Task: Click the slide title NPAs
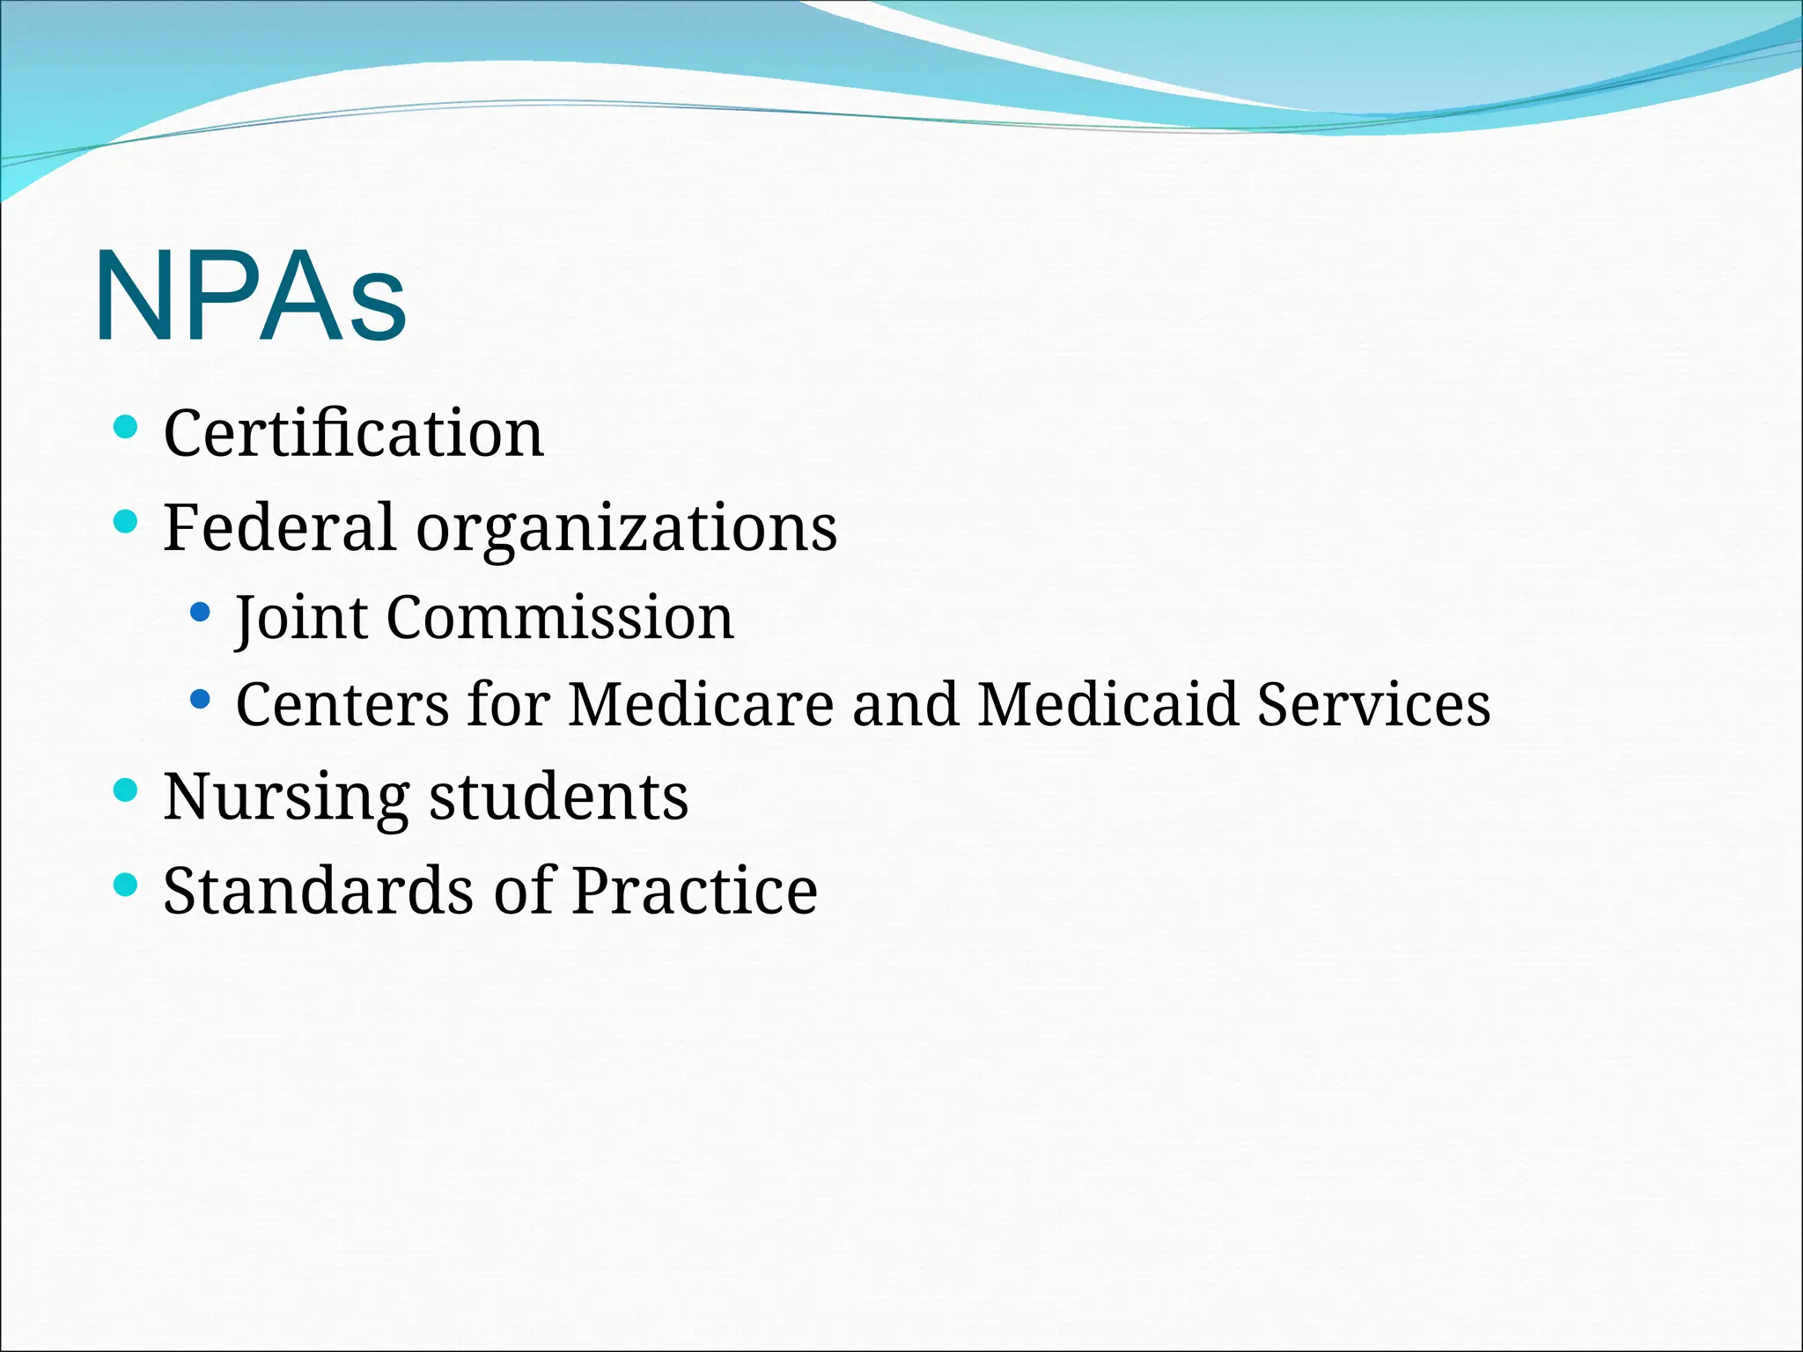tap(251, 298)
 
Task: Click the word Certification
tap(354, 433)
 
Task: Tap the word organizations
tap(626, 528)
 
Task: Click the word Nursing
tap(286, 797)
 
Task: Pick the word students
tap(558, 797)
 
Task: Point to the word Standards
tap(318, 890)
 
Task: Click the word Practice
tap(695, 890)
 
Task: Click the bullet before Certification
tap(127, 428)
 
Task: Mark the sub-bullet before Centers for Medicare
tap(201, 700)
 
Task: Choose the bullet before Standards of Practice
tap(127, 884)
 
